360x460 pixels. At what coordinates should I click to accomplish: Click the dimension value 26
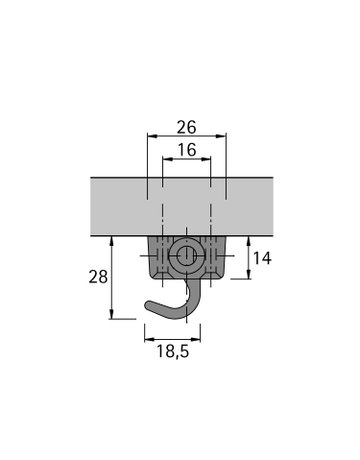187,127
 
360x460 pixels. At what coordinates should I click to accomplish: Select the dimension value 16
187,150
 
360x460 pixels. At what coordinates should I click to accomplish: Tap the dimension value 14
262,258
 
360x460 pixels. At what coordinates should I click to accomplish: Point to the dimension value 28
98,277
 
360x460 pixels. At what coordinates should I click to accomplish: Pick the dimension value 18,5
173,351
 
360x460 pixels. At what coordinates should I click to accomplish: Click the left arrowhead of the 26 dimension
152,136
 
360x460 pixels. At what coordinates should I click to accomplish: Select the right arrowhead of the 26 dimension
221,136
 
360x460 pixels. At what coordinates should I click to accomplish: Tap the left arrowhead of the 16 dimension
167,159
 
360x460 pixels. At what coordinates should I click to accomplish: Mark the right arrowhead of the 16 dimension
206,159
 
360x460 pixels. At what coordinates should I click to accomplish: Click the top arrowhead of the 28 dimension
112,241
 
